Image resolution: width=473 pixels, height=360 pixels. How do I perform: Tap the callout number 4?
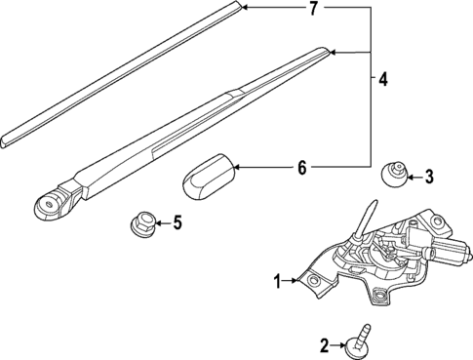pos(383,77)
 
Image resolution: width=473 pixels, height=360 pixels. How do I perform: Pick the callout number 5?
pos(176,223)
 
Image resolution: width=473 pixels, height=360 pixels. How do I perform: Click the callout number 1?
pos(278,281)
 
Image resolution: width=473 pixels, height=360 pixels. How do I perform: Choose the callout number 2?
pos(325,343)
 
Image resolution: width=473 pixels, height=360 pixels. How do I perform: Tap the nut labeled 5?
pos(140,225)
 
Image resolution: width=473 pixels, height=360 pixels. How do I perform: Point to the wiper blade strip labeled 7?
pos(117,67)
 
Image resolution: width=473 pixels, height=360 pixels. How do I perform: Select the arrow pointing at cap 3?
pos(411,176)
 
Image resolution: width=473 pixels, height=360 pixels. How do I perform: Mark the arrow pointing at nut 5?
pos(157,223)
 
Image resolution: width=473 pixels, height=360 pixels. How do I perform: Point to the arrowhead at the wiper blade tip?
pos(245,9)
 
